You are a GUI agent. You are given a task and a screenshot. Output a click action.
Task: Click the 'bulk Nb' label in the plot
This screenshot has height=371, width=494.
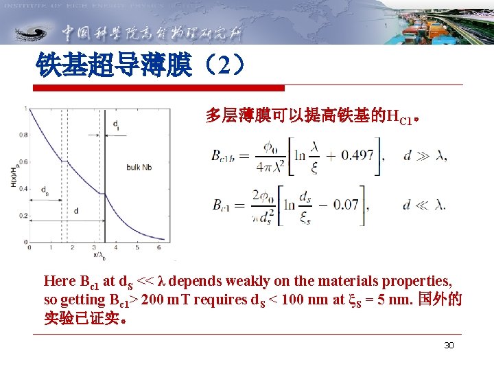coord(141,167)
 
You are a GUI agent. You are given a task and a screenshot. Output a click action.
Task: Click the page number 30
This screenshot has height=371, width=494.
coord(449,345)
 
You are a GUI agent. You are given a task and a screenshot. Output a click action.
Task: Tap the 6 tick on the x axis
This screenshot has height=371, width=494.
coord(159,247)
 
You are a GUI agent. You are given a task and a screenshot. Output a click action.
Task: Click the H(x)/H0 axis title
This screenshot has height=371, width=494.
coord(13,176)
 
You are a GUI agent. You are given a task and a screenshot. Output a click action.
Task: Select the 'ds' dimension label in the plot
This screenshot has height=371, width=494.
coord(45,190)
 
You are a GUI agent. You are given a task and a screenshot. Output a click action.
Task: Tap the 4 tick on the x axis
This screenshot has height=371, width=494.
coord(115,247)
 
